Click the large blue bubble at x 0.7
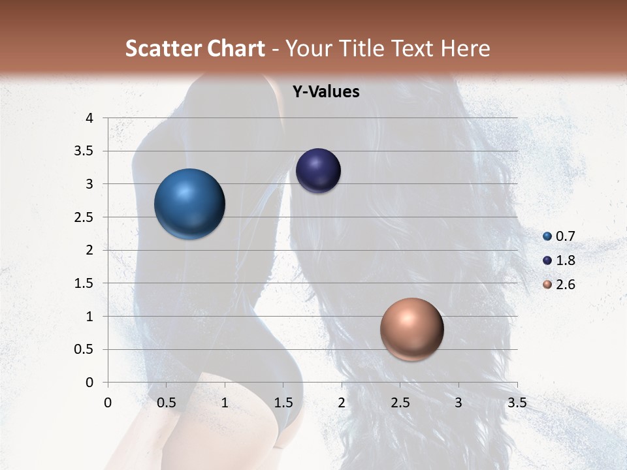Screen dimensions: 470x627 [189, 204]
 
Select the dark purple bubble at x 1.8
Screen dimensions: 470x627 [318, 171]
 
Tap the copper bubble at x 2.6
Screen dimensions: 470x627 [411, 329]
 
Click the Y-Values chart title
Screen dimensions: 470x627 [325, 92]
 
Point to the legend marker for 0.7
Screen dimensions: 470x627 [547, 236]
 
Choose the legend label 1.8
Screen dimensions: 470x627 [566, 260]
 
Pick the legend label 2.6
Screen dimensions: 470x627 [566, 285]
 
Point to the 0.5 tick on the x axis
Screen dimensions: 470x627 [167, 403]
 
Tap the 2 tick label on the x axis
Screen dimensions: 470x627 [342, 403]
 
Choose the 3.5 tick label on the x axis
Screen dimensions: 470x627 [517, 403]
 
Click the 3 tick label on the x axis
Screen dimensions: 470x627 [458, 403]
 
